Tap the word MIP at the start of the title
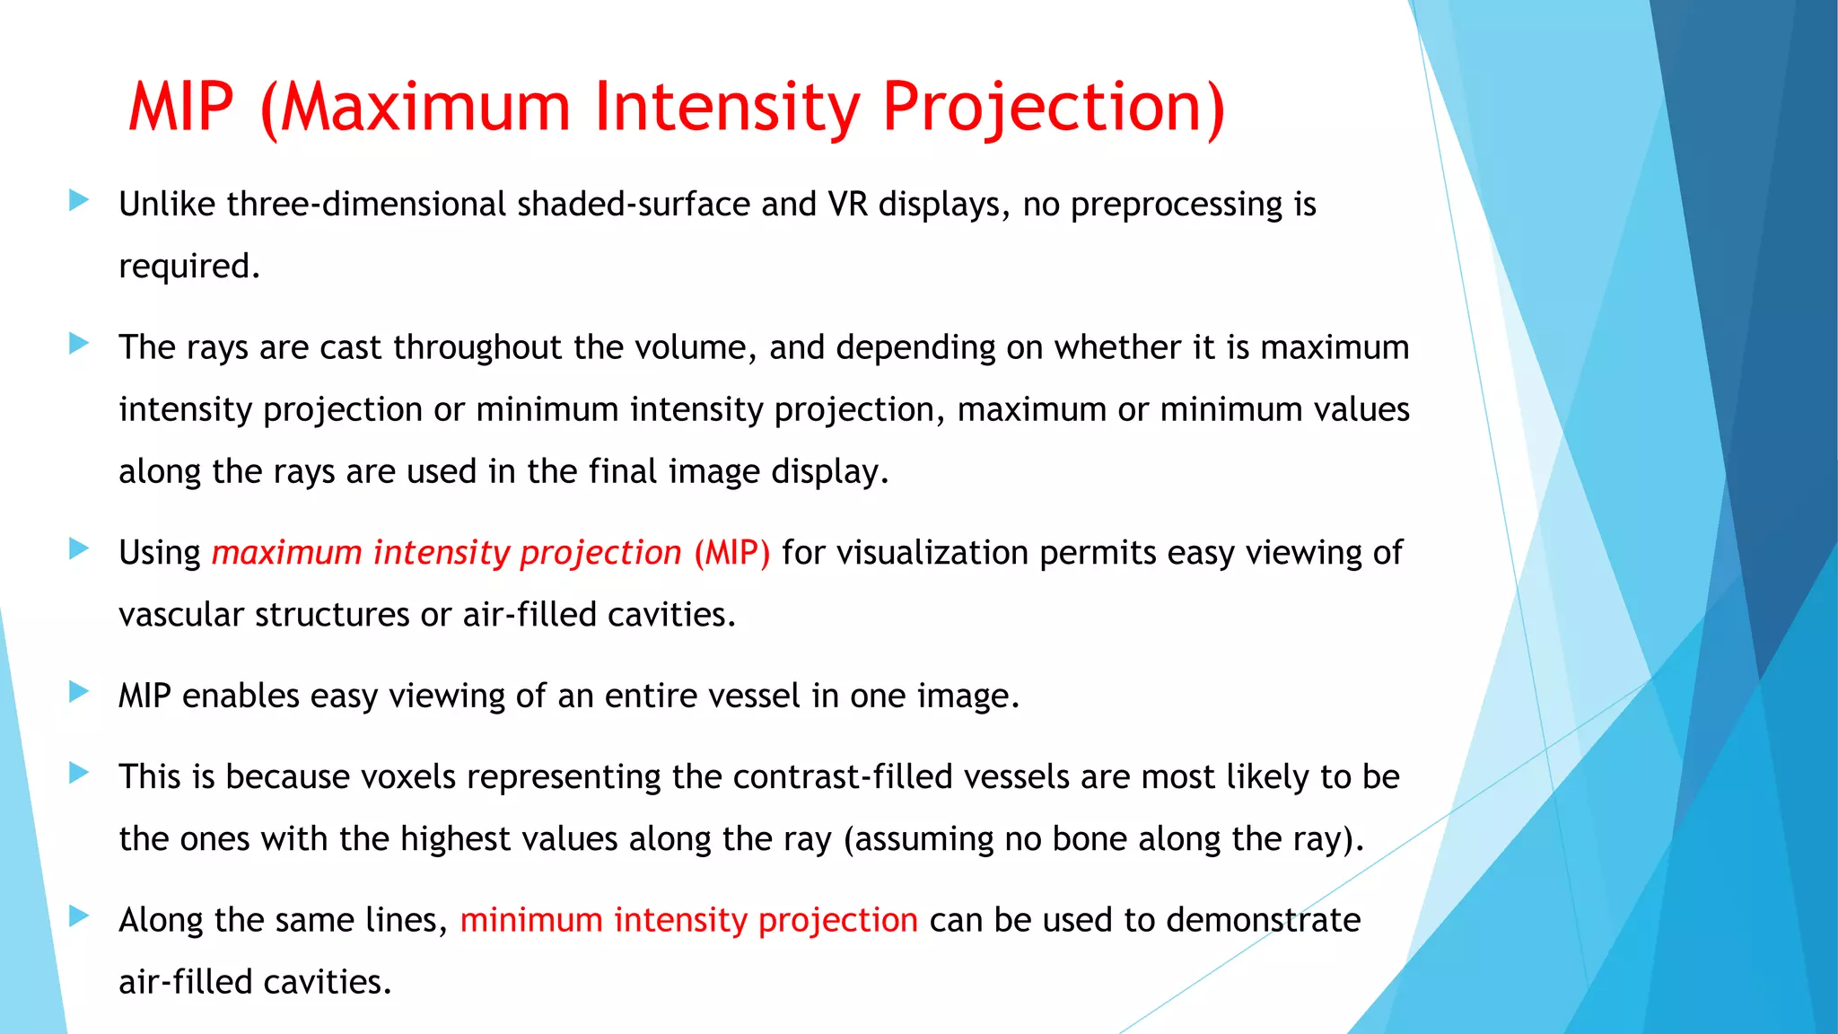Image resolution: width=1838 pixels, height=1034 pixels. (x=181, y=109)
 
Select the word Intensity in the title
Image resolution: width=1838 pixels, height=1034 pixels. (x=727, y=109)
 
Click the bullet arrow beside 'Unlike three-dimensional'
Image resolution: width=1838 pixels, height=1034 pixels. (x=79, y=200)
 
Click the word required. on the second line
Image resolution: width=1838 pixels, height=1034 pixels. (x=189, y=267)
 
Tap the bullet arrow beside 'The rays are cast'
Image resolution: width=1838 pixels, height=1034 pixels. (x=79, y=343)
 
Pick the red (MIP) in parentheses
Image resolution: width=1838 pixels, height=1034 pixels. (x=731, y=554)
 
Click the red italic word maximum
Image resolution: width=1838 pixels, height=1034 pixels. (x=286, y=553)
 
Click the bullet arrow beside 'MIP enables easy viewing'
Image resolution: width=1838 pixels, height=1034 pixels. (x=79, y=691)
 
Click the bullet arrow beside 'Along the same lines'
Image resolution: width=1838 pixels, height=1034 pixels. (x=79, y=916)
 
